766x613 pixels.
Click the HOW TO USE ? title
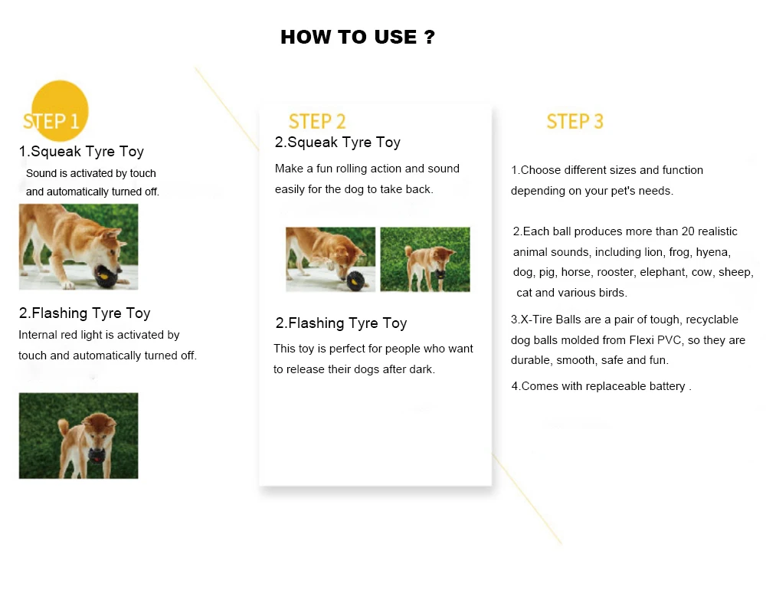(358, 37)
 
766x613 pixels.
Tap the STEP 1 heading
(51, 121)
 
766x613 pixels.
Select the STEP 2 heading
(317, 121)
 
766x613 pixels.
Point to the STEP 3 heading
(575, 121)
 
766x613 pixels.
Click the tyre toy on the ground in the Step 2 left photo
(355, 280)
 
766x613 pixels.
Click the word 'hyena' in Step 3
(713, 252)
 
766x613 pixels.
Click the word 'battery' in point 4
(667, 387)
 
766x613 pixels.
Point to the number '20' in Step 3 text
(688, 231)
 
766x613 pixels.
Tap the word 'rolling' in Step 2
(352, 169)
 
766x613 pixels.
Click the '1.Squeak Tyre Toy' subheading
(81, 152)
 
